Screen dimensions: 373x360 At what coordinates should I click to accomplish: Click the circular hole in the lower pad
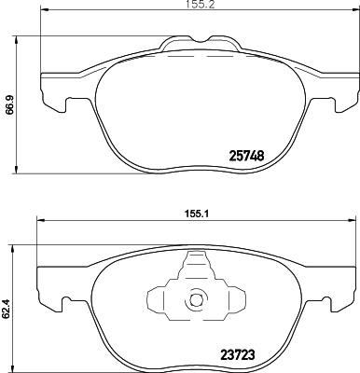[197, 300]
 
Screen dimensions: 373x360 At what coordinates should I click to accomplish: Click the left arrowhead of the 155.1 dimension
[39, 220]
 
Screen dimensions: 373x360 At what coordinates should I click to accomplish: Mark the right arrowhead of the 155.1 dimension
[352, 220]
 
